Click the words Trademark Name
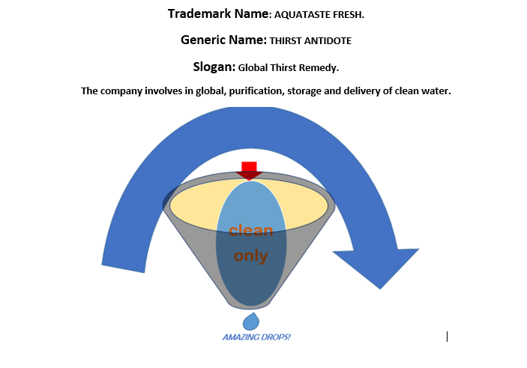(217, 14)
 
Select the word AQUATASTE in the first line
(301, 15)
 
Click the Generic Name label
(223, 40)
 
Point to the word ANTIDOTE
(327, 41)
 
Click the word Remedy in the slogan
(321, 67)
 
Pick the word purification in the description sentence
(241, 91)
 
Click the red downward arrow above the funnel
(249, 170)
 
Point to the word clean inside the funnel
(251, 231)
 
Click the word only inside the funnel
(251, 256)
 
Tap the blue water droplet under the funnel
(251, 322)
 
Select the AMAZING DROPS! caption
(256, 337)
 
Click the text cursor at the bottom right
(447, 337)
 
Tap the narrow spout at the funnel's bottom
(251, 303)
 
